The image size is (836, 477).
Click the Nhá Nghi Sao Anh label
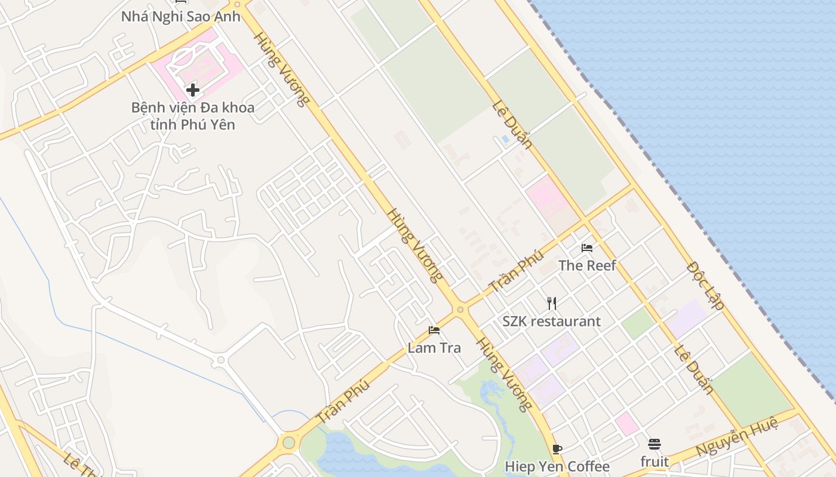[180, 16]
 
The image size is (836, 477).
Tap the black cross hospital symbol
[193, 90]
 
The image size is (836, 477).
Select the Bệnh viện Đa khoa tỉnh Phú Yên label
[193, 116]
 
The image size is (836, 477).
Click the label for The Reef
[587, 265]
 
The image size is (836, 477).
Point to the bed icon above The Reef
[587, 248]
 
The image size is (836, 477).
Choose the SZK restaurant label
[551, 321]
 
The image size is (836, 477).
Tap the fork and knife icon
[552, 303]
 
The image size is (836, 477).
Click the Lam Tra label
[434, 348]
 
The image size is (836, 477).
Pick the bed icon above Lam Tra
[434, 330]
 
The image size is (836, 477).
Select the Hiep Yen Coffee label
[557, 466]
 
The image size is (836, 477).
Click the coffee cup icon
[557, 449]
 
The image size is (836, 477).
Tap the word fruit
[654, 461]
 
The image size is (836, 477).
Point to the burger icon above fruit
[654, 444]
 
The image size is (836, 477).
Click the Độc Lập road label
[705, 286]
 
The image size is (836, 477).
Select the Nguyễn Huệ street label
[737, 438]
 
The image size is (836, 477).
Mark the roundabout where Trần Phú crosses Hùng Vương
[460, 309]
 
